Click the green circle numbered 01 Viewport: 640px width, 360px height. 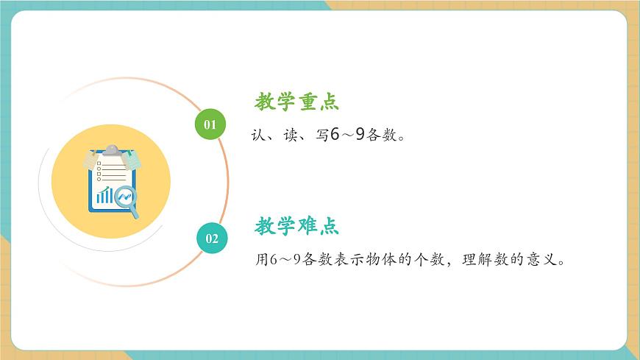(210, 124)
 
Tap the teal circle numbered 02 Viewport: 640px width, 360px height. (212, 238)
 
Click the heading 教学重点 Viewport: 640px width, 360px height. (296, 102)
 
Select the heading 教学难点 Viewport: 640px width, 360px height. (296, 225)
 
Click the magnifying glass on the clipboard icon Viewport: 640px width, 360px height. (128, 200)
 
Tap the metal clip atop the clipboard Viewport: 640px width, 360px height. (110, 150)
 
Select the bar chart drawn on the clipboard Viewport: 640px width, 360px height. (104, 195)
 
